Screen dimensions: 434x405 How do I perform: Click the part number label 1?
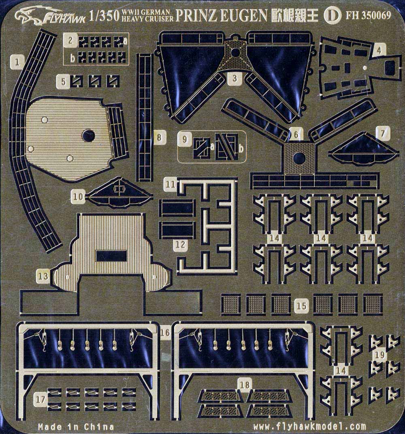17,62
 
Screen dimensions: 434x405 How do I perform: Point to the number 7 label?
383,133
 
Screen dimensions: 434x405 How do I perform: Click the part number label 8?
159,138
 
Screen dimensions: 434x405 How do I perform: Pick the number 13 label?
43,277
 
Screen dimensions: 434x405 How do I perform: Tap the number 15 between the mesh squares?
302,306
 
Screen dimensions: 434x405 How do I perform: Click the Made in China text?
76,426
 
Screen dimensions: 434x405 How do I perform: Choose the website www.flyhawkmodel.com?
309,426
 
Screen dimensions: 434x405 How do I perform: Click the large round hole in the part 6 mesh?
298,158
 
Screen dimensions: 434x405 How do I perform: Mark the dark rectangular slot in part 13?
111,256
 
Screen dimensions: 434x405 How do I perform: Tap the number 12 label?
181,245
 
